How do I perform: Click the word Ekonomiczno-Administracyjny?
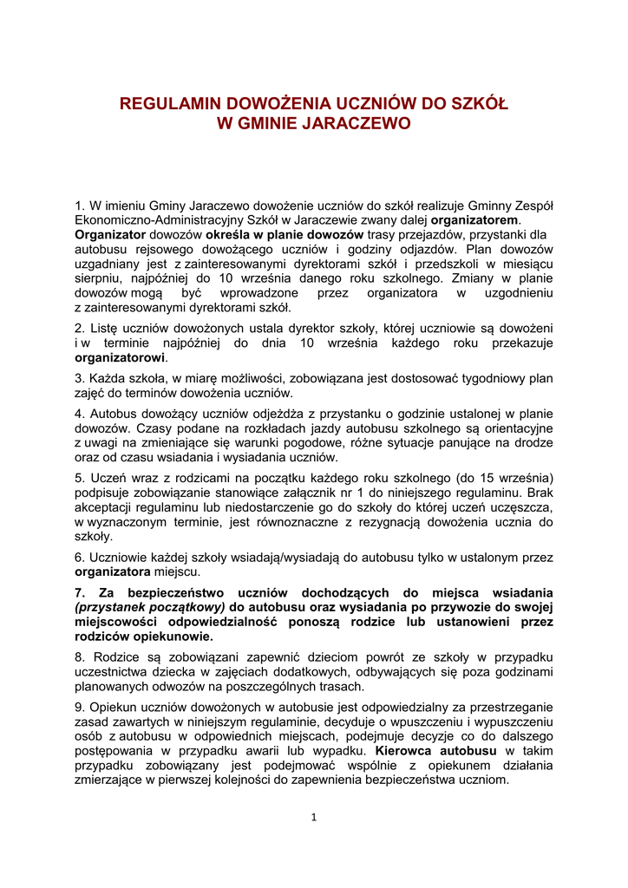tap(154, 219)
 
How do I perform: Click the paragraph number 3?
tap(78, 379)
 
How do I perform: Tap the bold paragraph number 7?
tap(79, 592)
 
